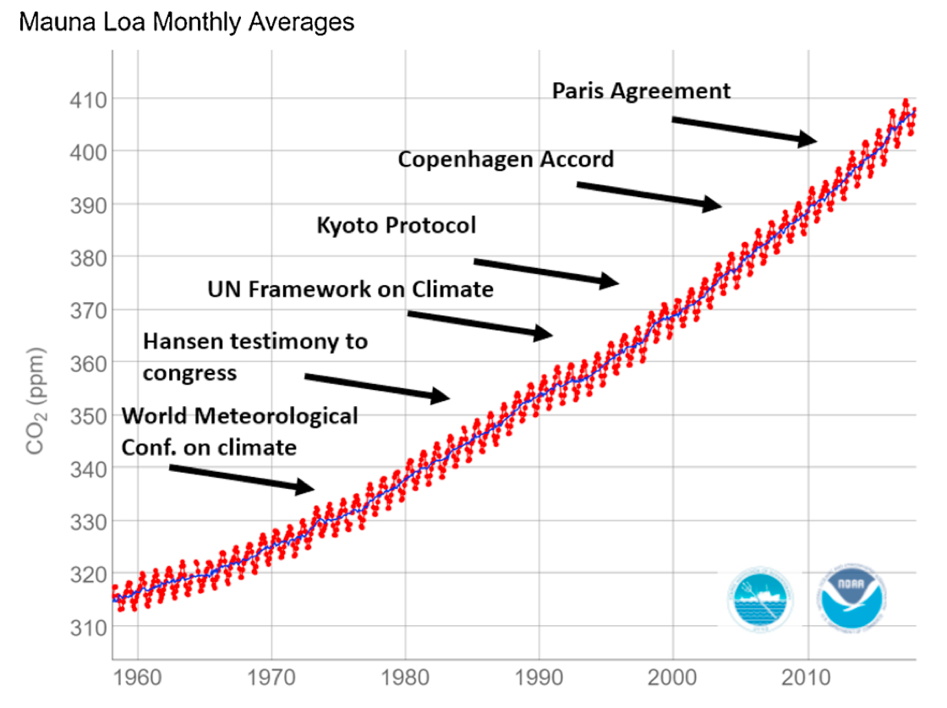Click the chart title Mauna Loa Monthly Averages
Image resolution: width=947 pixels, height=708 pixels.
(x=186, y=22)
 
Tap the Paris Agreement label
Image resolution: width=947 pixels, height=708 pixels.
(x=641, y=91)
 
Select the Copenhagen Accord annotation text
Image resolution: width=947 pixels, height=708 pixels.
(x=506, y=159)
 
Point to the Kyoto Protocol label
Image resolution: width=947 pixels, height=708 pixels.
(x=397, y=225)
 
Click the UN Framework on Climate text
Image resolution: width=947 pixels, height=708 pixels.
(x=350, y=289)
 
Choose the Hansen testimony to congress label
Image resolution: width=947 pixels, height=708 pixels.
(x=255, y=356)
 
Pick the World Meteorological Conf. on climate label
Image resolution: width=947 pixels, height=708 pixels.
(x=239, y=431)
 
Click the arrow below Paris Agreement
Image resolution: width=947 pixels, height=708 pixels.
(x=744, y=130)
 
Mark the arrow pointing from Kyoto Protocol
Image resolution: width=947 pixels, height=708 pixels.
(x=546, y=272)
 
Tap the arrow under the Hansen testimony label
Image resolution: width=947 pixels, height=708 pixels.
(x=376, y=385)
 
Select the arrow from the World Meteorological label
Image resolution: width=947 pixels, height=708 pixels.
(x=241, y=477)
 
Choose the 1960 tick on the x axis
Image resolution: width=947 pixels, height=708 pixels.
(x=137, y=679)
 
